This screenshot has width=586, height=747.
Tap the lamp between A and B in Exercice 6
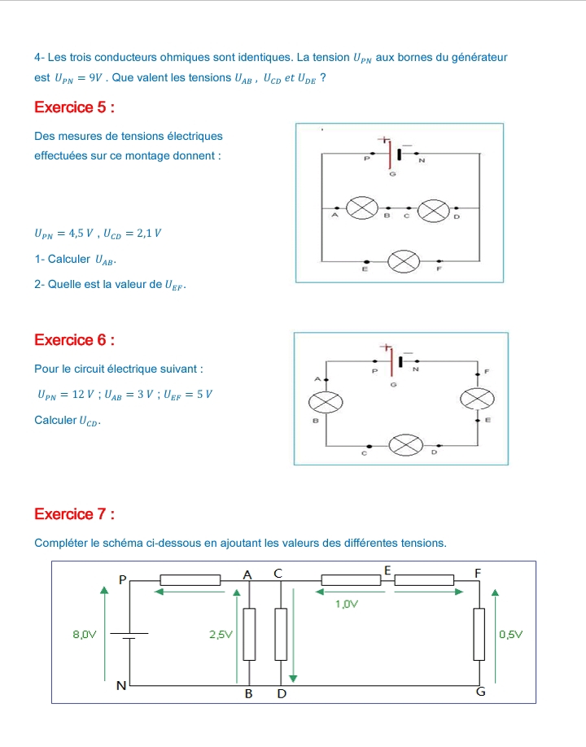[326, 401]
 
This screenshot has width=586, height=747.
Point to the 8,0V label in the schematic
[84, 634]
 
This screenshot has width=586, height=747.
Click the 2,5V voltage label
[221, 634]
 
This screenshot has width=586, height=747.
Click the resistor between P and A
[190, 580]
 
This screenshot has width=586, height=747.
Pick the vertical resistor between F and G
[479, 633]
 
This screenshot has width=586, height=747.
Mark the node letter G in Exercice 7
[480, 692]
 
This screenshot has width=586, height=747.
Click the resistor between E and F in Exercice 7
[424, 580]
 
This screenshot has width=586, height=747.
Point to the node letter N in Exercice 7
[121, 686]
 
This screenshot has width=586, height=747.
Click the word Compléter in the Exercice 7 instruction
[63, 543]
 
